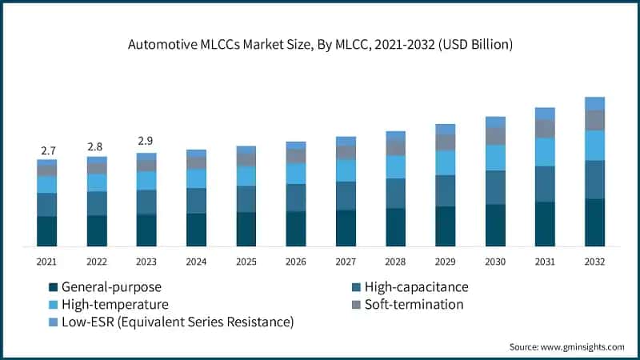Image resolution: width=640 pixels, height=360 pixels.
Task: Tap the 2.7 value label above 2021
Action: click(47, 150)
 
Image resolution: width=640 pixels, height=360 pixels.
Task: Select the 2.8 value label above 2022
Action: click(97, 147)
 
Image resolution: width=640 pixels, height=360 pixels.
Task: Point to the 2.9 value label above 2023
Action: click(146, 142)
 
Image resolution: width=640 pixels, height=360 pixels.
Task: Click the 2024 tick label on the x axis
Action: click(196, 262)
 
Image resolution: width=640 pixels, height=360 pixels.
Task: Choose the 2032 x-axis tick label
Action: click(594, 262)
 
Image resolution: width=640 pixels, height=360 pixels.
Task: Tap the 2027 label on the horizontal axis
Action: click(346, 262)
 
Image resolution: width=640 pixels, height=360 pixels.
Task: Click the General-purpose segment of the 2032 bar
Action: click(594, 222)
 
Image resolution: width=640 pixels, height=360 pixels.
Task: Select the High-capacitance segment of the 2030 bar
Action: click(495, 187)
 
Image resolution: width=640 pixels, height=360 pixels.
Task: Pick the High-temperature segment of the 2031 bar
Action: click(545, 152)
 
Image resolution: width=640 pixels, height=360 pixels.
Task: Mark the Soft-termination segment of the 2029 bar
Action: click(446, 142)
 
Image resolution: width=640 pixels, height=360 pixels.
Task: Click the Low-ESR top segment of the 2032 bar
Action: click(594, 103)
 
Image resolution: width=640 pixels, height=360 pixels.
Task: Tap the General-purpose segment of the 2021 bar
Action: click(47, 231)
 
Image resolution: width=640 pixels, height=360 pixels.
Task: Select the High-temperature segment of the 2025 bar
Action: click(246, 176)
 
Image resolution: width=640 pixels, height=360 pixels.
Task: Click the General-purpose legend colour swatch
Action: click(53, 287)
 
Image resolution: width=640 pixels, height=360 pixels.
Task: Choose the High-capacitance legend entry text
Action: click(416, 287)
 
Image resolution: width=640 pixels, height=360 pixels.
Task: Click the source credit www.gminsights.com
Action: click(567, 347)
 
